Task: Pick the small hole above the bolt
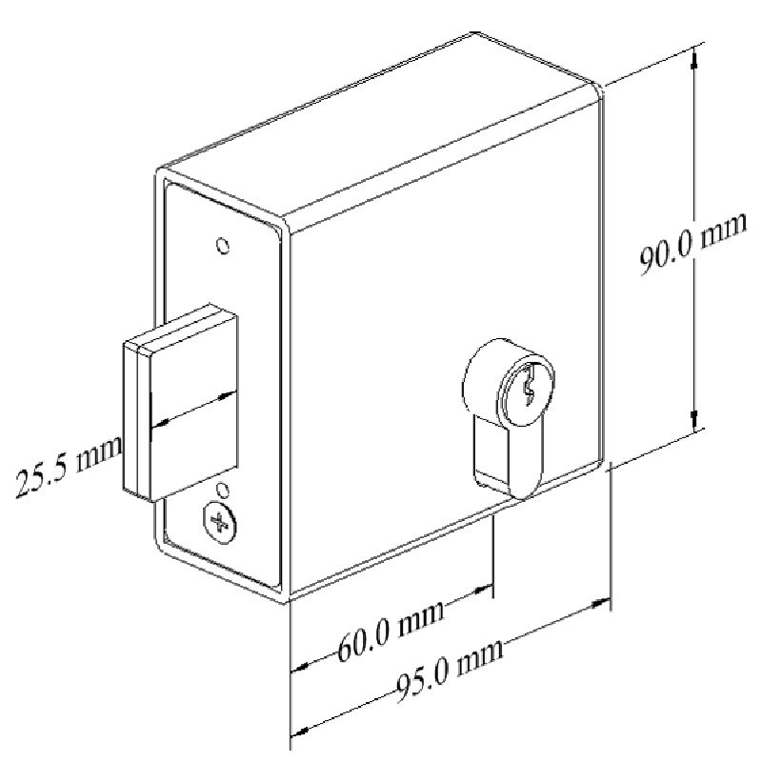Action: pos(222,247)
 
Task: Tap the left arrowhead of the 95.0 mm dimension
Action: pos(298,732)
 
